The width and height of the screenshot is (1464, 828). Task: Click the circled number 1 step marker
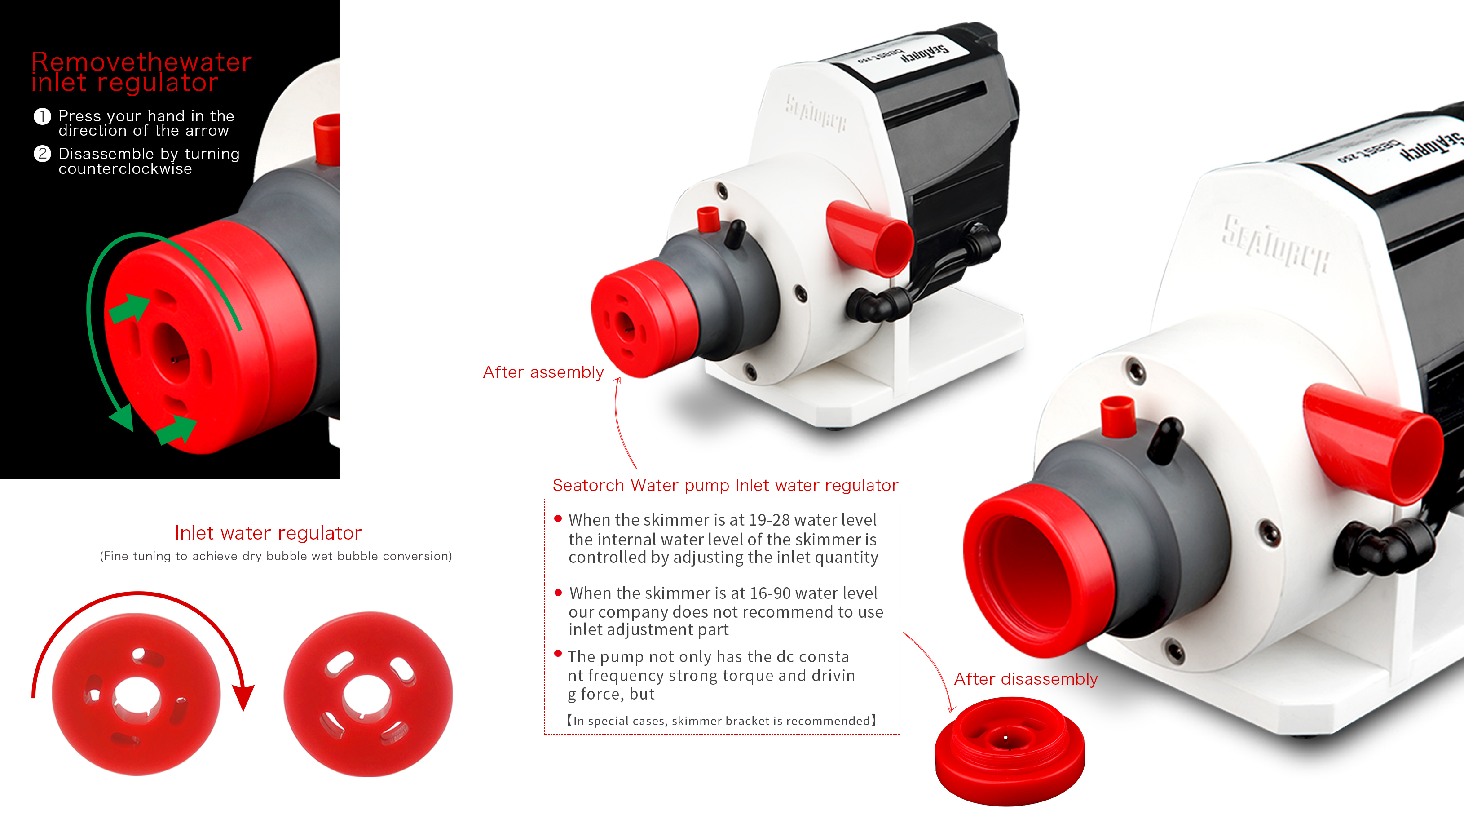(x=42, y=116)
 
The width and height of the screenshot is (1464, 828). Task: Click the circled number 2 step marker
(x=42, y=154)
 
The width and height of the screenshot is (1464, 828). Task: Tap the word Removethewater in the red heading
(x=141, y=62)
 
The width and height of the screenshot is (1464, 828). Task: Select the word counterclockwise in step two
(x=125, y=169)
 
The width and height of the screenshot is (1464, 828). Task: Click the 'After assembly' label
(x=543, y=372)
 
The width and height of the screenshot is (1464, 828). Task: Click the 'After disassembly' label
(x=1025, y=679)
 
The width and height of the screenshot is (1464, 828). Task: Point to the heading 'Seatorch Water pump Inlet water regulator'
(x=725, y=485)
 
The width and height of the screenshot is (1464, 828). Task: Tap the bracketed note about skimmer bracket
(x=722, y=721)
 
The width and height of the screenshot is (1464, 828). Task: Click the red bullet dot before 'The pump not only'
(x=558, y=654)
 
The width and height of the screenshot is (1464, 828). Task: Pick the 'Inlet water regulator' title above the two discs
(x=268, y=533)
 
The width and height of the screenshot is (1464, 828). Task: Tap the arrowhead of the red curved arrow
(x=244, y=698)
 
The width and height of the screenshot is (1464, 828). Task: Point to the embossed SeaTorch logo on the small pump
(x=816, y=114)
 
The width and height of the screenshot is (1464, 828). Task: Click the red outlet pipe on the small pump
(x=869, y=239)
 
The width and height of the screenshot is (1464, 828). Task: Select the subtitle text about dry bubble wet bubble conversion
(x=276, y=556)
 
